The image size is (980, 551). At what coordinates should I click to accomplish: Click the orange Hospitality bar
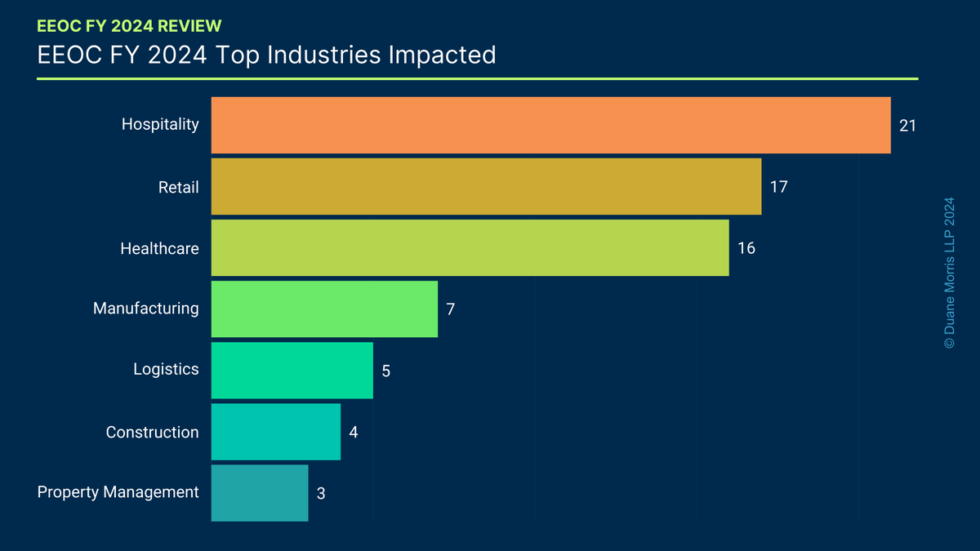[x=550, y=125]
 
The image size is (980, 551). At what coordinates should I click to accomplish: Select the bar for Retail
[x=486, y=187]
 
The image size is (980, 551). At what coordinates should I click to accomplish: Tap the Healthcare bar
[x=470, y=248]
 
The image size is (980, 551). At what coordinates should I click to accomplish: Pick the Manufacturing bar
[x=324, y=309]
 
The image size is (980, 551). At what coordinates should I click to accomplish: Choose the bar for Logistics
[x=292, y=370]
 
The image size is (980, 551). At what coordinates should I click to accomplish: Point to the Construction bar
[x=275, y=432]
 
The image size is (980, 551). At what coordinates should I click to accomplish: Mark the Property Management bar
[x=259, y=493]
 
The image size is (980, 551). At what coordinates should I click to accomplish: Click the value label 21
[x=908, y=126]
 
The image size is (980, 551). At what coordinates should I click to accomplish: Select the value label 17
[x=778, y=187]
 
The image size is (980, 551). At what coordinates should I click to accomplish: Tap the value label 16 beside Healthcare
[x=746, y=248]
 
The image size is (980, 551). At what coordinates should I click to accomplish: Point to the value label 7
[x=450, y=309]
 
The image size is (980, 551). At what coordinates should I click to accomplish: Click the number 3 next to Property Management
[x=321, y=493]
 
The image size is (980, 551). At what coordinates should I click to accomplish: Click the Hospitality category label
[x=160, y=125]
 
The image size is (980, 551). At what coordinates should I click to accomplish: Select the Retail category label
[x=178, y=187]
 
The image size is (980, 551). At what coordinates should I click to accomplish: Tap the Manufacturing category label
[x=145, y=309]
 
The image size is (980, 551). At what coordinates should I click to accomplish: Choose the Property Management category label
[x=118, y=492]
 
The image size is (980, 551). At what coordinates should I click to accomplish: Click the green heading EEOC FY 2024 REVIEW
[x=129, y=25]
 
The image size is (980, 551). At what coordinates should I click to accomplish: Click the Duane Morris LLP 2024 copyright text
[x=948, y=273]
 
